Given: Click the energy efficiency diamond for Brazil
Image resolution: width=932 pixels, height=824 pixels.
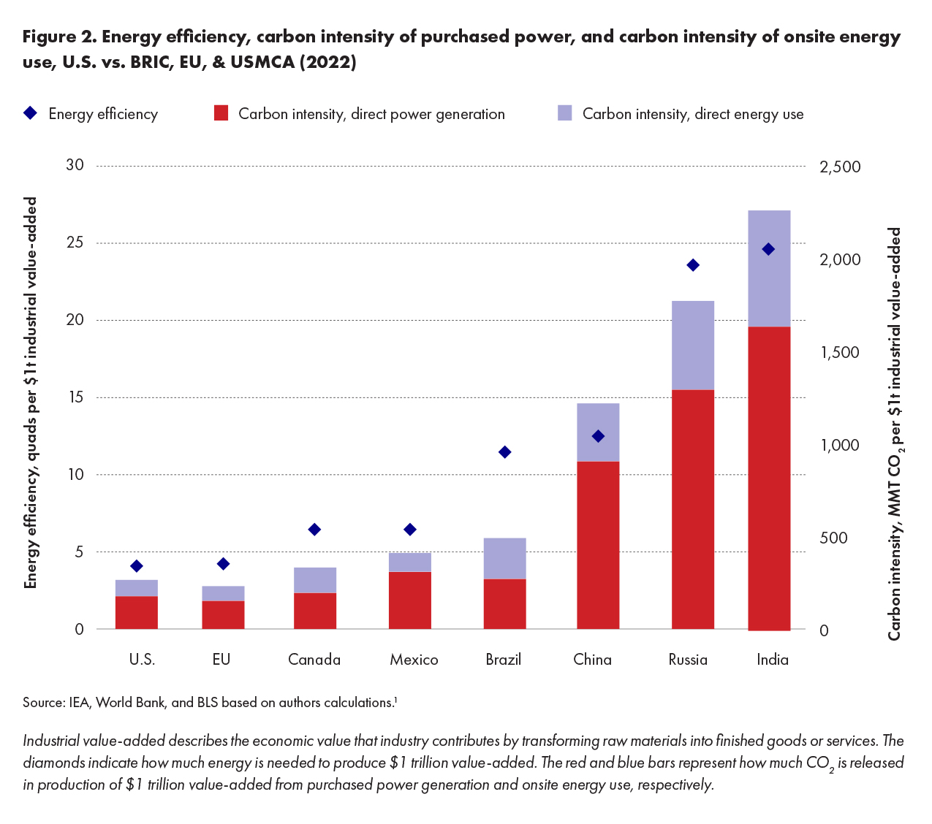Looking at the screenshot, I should [x=504, y=452].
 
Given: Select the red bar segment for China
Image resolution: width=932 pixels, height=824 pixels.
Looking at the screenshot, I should [x=598, y=545].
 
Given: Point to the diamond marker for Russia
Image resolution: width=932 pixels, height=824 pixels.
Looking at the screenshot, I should [x=693, y=265].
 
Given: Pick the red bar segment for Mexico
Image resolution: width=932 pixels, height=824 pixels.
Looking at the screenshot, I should [x=409, y=600].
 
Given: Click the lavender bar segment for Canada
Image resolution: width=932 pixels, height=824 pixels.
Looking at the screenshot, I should [x=314, y=580].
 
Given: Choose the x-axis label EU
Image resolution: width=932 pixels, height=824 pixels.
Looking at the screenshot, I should [x=221, y=660].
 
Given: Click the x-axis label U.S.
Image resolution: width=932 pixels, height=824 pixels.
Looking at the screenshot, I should [x=142, y=660].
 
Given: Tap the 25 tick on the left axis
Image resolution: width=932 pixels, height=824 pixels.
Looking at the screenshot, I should [x=75, y=243].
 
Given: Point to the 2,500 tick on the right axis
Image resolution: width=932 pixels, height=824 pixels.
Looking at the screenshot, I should [x=840, y=167].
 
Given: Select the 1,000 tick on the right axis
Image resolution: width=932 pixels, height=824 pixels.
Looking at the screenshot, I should [x=840, y=446].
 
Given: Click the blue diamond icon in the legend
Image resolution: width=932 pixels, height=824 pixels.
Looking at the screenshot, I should [x=30, y=113].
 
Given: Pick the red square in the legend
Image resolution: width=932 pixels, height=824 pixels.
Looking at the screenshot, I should [x=221, y=113].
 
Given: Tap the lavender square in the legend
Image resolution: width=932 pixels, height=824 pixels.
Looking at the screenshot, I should [x=564, y=113].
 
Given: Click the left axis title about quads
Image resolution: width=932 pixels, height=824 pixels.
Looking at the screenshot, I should [x=31, y=393].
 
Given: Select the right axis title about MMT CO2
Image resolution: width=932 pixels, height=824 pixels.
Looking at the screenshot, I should [x=894, y=434].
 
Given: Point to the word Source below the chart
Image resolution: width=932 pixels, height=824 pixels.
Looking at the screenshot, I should [x=43, y=703].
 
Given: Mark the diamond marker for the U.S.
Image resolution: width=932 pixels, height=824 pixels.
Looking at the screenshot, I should [x=137, y=566].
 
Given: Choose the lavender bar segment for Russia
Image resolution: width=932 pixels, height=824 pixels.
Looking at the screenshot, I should [x=692, y=345].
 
